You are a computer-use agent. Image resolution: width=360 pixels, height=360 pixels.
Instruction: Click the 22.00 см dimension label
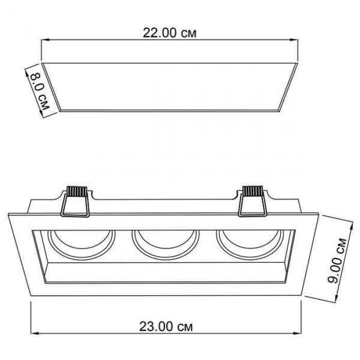[170, 33]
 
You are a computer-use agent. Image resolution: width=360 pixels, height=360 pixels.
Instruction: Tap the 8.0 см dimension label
[39, 91]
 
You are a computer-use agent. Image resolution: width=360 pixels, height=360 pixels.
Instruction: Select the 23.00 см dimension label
[166, 327]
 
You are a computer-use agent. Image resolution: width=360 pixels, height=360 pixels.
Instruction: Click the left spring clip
[75, 202]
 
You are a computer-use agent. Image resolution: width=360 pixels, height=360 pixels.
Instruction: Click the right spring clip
[252, 201]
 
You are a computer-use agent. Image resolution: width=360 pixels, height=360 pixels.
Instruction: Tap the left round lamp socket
[81, 244]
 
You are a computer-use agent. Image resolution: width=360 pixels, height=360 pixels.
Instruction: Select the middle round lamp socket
[166, 244]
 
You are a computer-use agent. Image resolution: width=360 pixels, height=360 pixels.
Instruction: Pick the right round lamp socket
[250, 244]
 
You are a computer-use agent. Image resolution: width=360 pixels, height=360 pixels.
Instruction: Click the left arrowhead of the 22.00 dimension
[45, 40]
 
